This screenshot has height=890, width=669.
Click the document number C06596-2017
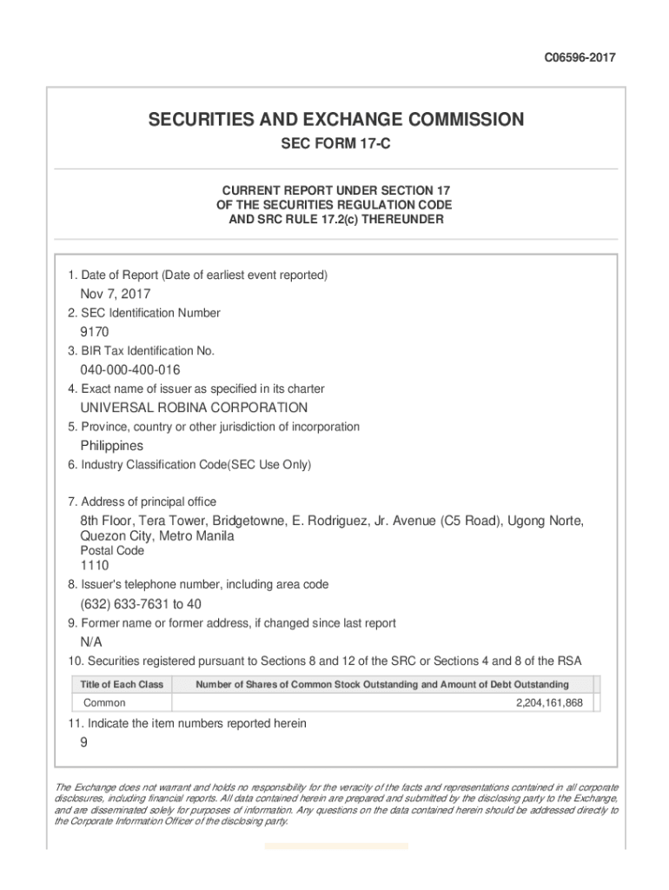point(580,58)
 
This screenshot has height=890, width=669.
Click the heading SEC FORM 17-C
point(334,144)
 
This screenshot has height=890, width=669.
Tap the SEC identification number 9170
point(95,332)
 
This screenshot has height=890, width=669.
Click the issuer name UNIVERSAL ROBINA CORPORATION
point(194,408)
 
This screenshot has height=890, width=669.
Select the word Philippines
point(112,446)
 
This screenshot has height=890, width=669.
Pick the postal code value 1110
point(95,566)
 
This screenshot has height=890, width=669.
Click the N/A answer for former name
point(91,642)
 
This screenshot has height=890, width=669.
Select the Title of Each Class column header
point(122,685)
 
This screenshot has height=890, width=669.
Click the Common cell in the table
point(104,702)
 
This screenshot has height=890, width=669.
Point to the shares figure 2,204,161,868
point(550,702)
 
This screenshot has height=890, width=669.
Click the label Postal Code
point(112,551)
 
